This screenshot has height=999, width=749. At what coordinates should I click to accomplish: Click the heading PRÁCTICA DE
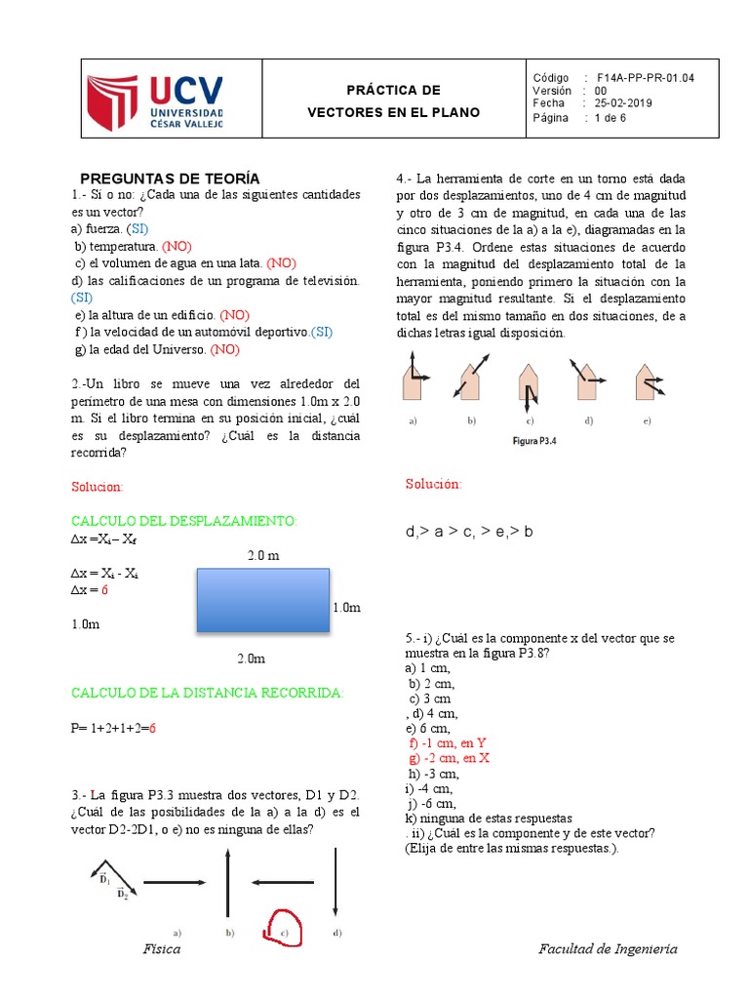tap(393, 91)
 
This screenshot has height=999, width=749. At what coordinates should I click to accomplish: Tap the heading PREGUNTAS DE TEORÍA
tap(170, 178)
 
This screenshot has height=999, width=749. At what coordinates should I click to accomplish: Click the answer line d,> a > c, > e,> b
tap(469, 532)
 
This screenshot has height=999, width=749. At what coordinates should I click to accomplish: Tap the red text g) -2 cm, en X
tap(449, 758)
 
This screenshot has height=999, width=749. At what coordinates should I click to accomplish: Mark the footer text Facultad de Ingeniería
tap(608, 949)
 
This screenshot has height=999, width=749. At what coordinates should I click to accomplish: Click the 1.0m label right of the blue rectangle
tap(346, 608)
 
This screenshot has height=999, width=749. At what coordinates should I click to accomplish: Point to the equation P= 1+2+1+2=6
tap(114, 728)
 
